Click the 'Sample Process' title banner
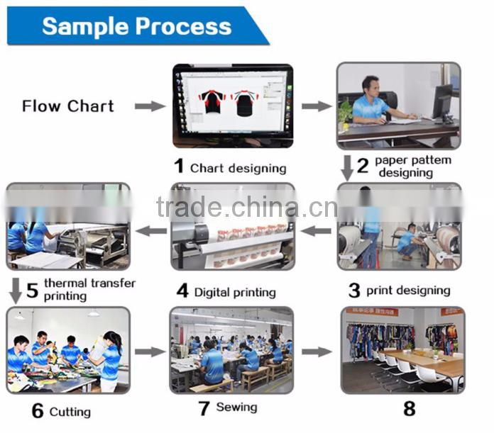point(136,26)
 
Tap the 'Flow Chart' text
point(67,106)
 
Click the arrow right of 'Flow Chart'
point(150,106)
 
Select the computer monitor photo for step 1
point(232,106)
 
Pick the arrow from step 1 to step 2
point(317,106)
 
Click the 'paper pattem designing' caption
point(412,167)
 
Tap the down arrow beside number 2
point(347,167)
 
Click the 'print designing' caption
point(408,291)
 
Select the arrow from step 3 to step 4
point(317,230)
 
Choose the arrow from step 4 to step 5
point(151,230)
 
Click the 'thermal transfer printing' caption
point(89,289)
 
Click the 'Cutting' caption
point(70,412)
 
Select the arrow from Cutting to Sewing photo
point(150,352)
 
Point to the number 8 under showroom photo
point(409,409)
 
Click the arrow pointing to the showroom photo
point(317,352)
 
